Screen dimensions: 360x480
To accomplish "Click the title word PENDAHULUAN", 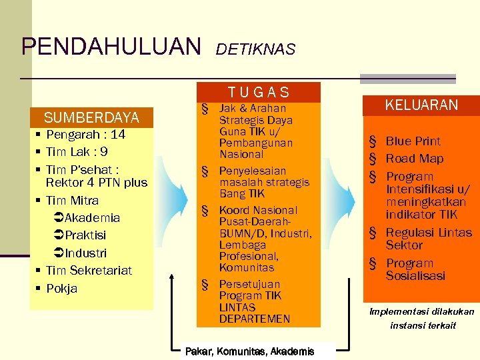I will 111,46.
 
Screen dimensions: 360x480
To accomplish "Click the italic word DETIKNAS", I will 256,49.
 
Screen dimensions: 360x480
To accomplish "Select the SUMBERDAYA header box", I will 91,118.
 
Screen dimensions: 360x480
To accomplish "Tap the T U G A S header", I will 259,93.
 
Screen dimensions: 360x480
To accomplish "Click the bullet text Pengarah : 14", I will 85,135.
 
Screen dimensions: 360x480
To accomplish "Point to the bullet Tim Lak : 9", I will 77,152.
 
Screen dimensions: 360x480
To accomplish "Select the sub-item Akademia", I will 92,218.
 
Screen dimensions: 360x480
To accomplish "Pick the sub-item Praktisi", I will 85,235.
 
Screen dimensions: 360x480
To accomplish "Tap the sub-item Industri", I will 85,253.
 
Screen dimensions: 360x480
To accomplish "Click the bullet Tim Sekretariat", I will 89,271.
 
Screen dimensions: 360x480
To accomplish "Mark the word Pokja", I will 61,289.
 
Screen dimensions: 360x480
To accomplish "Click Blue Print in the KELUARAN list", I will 413,141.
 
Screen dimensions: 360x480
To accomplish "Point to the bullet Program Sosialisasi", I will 415,269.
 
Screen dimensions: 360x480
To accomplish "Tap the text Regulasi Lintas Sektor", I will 428,239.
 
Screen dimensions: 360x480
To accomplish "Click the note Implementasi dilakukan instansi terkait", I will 422,318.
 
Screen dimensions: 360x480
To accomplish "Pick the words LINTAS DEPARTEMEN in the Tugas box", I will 254,313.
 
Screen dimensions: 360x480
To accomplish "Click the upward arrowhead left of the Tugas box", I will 172,275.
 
